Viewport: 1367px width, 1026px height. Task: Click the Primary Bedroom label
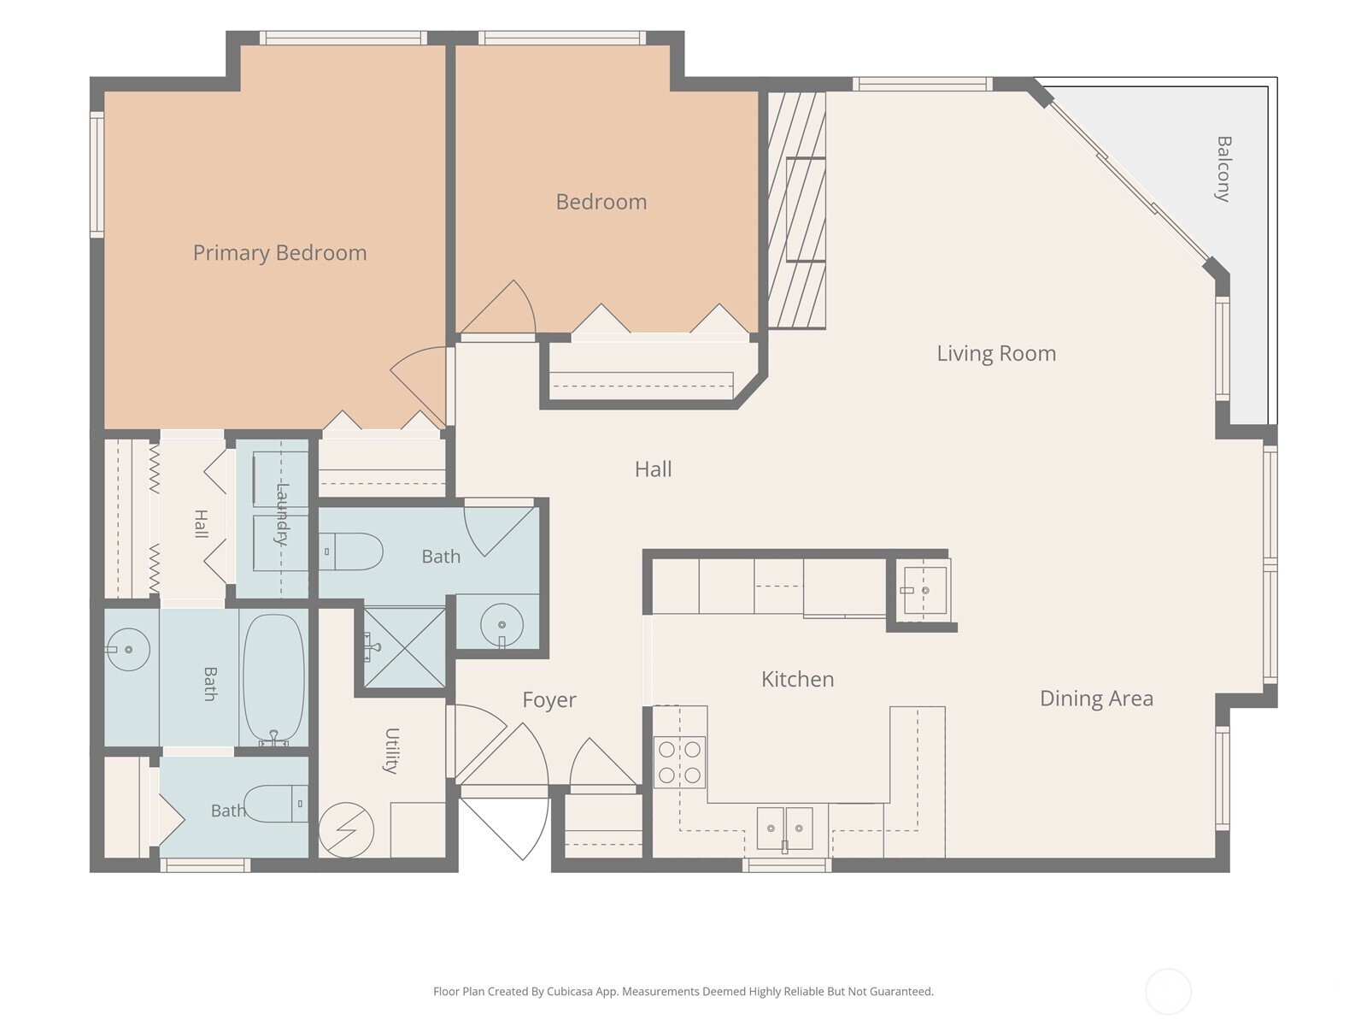(279, 253)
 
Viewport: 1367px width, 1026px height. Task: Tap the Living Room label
(996, 354)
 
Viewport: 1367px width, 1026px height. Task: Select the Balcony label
(1223, 168)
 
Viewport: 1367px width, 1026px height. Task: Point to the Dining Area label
(1097, 699)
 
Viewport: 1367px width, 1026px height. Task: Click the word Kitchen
(798, 679)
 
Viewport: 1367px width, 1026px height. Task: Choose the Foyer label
(549, 700)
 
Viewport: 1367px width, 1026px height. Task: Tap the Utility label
(391, 751)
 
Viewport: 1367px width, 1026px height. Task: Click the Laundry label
(282, 515)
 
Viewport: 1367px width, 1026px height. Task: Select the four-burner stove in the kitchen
(679, 762)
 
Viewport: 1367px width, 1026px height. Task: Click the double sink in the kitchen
(784, 828)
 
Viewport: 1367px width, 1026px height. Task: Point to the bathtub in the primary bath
(273, 678)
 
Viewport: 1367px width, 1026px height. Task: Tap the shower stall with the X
(405, 648)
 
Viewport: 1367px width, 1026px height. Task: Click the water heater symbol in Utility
(346, 829)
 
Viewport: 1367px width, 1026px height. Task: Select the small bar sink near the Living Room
(924, 590)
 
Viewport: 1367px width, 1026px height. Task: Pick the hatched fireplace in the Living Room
(796, 210)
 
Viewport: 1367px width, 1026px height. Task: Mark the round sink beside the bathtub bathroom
(128, 649)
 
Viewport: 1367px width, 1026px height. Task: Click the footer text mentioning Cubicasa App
(683, 992)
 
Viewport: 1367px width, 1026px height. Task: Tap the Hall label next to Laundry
(201, 524)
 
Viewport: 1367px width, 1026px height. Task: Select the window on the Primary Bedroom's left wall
(97, 174)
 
